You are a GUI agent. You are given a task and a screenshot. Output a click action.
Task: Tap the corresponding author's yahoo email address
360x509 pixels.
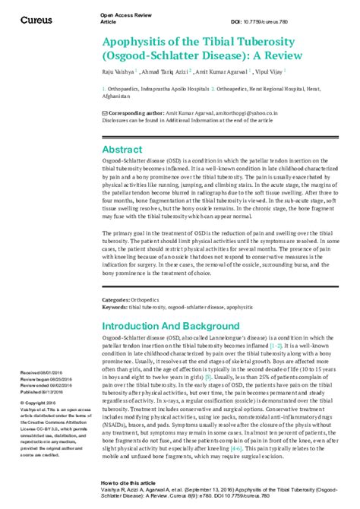[x=239, y=111]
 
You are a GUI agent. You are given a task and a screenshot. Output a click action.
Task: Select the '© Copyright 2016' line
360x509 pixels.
[x=38, y=403]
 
